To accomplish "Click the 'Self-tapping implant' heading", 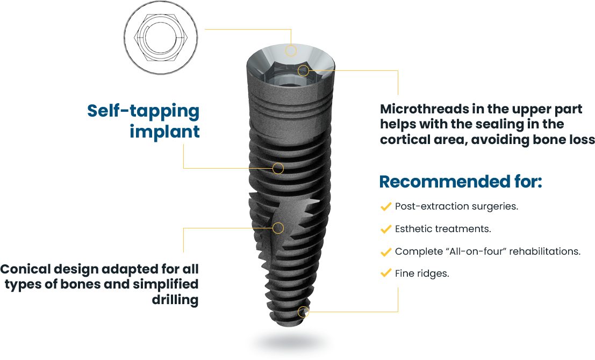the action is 144,121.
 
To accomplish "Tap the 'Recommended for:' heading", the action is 461,181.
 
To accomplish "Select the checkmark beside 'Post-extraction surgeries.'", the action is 385,206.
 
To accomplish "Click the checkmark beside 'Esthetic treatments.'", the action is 385,229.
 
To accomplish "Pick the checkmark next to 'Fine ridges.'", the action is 385,273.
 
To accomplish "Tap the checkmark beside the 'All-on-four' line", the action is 385,251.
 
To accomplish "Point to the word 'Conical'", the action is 25,269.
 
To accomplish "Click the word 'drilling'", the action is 175,300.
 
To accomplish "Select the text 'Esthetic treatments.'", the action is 443,229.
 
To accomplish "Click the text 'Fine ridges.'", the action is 422,273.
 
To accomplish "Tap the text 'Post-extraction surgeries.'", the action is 456,206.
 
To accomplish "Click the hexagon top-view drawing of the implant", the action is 161,37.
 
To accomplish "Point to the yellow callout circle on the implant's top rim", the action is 291,51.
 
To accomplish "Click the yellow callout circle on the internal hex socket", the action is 303,70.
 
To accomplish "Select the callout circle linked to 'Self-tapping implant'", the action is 278,168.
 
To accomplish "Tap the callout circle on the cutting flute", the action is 278,228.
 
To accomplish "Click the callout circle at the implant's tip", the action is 303,312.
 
